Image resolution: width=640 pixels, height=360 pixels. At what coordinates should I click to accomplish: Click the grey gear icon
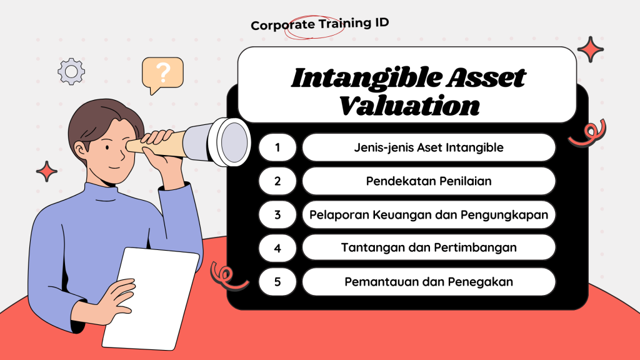coord(71,71)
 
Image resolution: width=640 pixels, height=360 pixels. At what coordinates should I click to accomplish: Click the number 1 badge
coord(277,147)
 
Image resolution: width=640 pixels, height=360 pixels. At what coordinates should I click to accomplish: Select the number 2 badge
coord(277,181)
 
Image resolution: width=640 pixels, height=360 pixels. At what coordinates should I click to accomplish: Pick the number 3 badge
coord(277,215)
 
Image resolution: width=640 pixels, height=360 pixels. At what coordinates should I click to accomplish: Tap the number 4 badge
coord(277,247)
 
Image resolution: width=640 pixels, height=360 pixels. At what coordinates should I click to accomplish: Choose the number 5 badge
coord(277,282)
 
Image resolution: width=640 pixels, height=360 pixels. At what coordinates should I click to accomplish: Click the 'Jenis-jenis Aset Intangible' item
coord(429,147)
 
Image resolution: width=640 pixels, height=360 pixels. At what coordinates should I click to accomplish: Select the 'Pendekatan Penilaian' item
coord(429,181)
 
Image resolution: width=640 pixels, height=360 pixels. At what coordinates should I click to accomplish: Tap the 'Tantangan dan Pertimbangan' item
coord(429,247)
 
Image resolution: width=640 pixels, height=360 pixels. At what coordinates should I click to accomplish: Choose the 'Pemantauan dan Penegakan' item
coord(429,282)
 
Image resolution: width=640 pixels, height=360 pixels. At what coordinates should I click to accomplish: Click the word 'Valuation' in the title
coord(409,106)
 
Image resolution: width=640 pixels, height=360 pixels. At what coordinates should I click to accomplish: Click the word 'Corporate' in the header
coord(282,25)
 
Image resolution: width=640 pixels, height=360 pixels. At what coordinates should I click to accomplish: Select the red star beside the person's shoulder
coord(46,171)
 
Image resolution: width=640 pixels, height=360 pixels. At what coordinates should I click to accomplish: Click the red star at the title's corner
coord(590,49)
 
